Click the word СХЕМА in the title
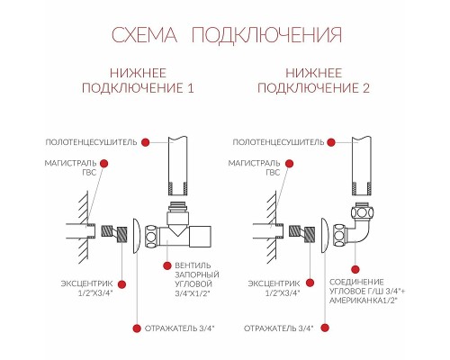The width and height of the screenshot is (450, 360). tap(144, 35)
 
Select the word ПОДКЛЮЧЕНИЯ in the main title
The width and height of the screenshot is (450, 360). tap(265, 35)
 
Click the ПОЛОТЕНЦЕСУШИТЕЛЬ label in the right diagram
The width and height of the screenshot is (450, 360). tap(277, 142)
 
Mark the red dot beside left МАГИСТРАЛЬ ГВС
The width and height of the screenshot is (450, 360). tap(105, 164)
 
